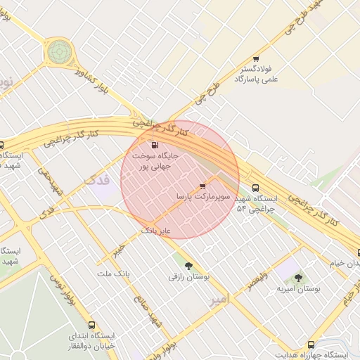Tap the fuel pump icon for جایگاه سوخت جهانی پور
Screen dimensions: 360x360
[155, 146]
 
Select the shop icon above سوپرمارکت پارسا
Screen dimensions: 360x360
[203, 186]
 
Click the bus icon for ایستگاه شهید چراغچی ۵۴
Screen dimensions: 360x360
[255, 188]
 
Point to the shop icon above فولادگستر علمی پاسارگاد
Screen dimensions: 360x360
[255, 59]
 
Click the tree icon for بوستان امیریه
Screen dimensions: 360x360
[298, 278]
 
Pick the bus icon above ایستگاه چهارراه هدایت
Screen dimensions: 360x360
[311, 345]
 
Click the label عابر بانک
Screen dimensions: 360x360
[157, 230]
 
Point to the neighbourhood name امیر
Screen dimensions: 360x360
[219, 300]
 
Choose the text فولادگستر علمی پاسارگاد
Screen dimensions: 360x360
[257, 75]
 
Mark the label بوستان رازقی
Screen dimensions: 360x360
[184, 276]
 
